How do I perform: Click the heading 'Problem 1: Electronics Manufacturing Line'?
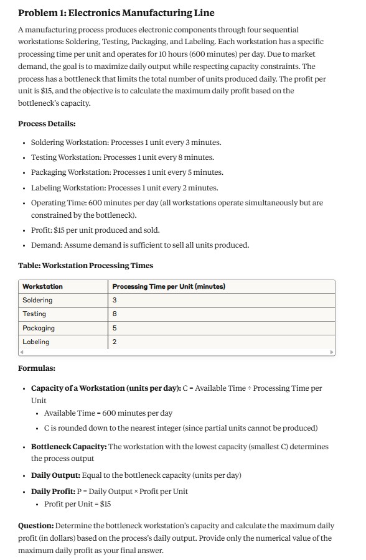click(x=116, y=13)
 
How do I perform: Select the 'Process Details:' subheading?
click(x=47, y=124)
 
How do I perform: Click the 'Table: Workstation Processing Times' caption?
click(x=85, y=266)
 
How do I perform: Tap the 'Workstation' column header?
click(x=42, y=286)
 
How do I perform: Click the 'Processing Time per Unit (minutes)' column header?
click(x=168, y=286)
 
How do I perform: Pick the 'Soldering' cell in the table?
click(x=37, y=300)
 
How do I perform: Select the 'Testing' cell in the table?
click(x=34, y=314)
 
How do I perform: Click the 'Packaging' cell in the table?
click(x=39, y=328)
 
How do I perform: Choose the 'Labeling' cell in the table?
click(x=36, y=342)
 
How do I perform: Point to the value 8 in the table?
click(x=115, y=314)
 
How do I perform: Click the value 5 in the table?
click(x=115, y=328)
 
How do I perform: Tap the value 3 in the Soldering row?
click(x=115, y=300)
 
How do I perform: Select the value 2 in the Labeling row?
click(x=115, y=342)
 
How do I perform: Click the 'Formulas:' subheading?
click(x=37, y=368)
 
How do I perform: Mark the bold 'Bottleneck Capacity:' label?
click(x=68, y=447)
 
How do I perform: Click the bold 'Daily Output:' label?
click(x=60, y=475)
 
